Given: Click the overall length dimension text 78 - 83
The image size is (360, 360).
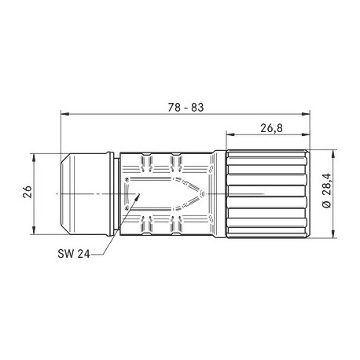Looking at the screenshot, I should (x=186, y=107).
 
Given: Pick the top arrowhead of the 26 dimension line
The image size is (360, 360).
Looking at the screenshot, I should (x=33, y=155).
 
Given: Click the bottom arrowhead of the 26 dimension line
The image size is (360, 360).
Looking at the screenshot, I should (x=33, y=230).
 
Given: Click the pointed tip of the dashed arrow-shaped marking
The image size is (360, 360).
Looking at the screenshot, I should (x=207, y=193).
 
